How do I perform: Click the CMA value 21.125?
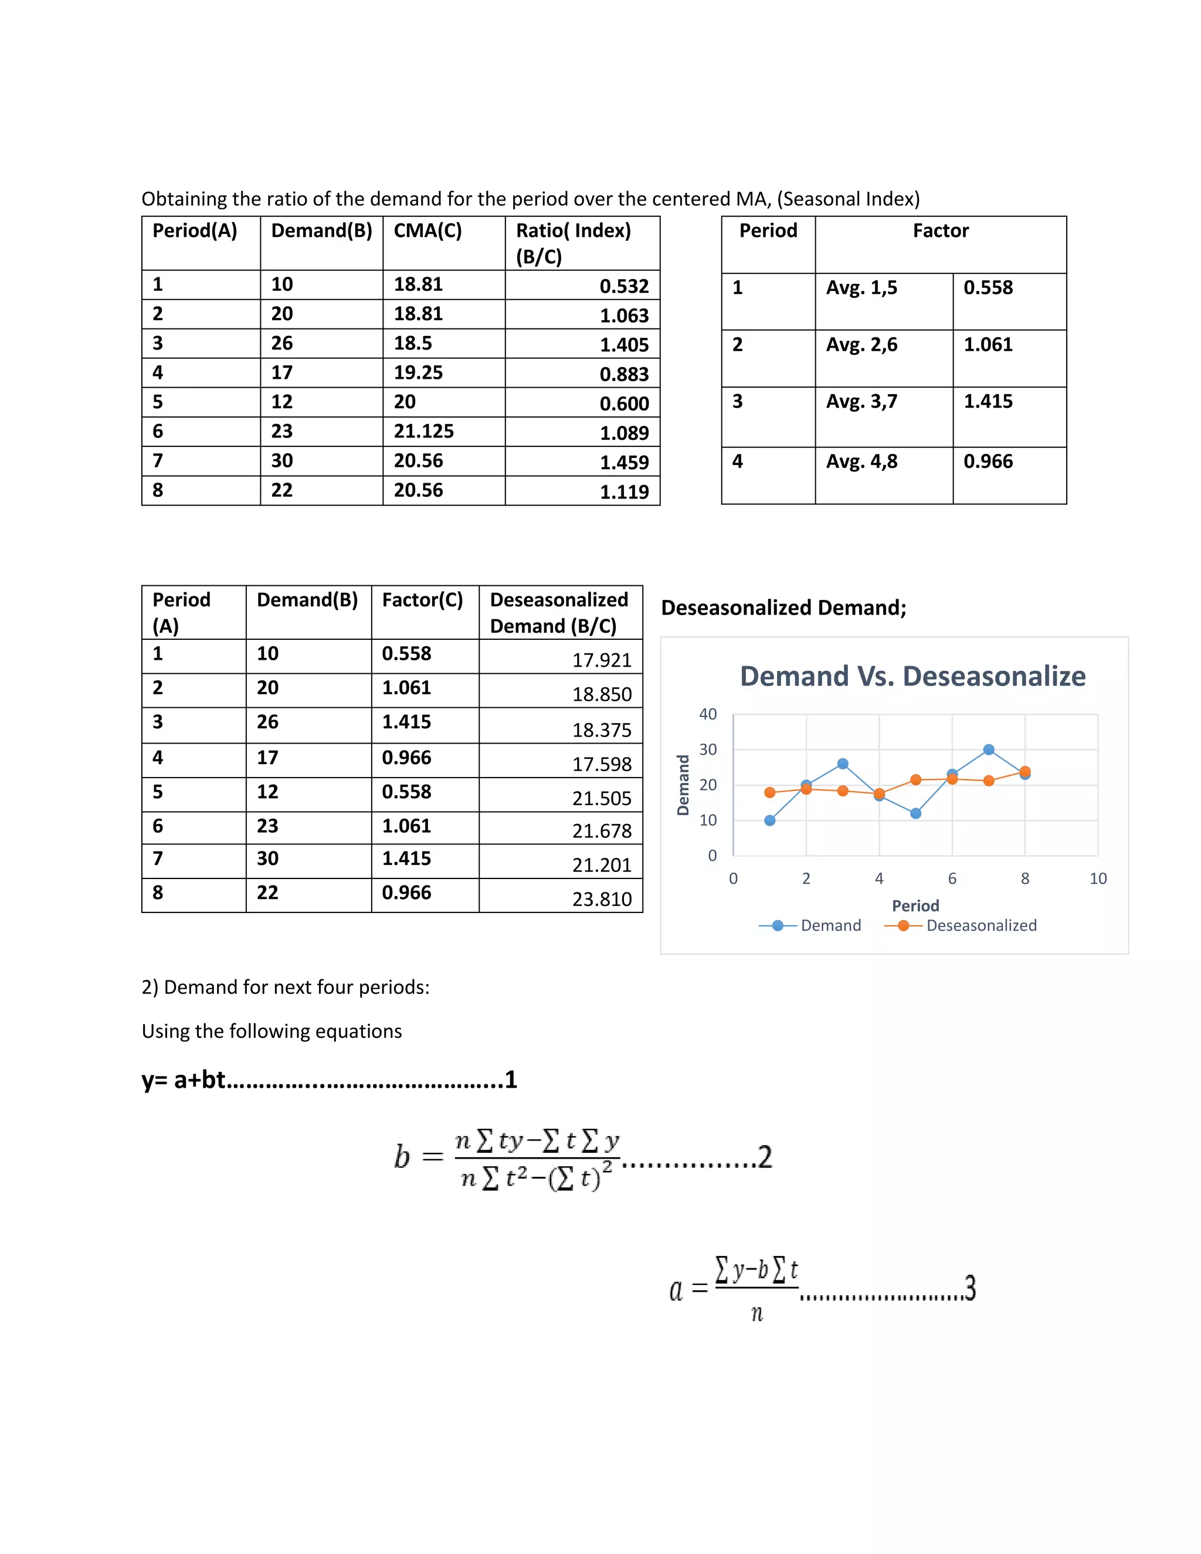tap(423, 431)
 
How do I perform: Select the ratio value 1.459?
tap(624, 463)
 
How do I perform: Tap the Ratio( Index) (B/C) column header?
tap(574, 243)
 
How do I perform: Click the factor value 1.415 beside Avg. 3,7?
tap(988, 401)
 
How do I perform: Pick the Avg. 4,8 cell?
tap(861, 461)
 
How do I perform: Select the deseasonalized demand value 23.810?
tap(602, 900)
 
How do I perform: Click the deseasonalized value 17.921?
tap(602, 660)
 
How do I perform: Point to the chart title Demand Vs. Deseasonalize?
tap(913, 676)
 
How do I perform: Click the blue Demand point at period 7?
tap(988, 749)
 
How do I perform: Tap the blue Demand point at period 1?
tap(770, 820)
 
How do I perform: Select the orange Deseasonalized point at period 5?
tap(915, 780)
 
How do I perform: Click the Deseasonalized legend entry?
tap(981, 925)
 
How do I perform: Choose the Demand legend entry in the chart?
tap(830, 925)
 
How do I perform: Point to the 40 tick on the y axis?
tap(708, 714)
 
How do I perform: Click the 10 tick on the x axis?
tap(1098, 879)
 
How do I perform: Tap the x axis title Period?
tap(915, 906)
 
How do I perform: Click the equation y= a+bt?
tap(183, 1080)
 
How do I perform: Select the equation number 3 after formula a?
tap(970, 1288)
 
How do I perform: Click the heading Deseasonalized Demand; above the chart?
tap(783, 608)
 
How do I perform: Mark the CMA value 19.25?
tap(418, 372)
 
